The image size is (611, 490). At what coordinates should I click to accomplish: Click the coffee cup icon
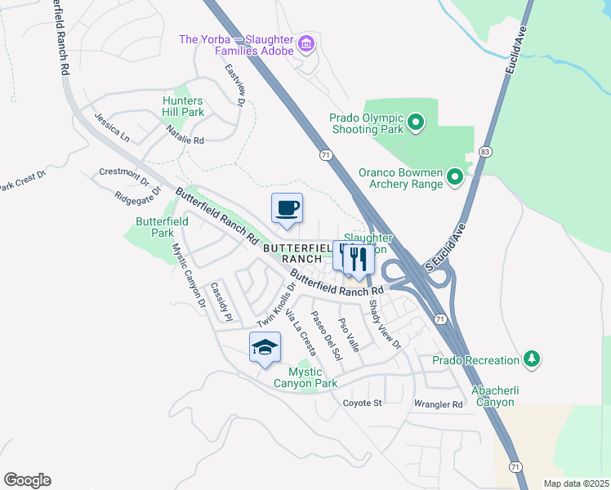pos(287,208)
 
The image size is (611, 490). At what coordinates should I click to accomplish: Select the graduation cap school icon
pos(265,349)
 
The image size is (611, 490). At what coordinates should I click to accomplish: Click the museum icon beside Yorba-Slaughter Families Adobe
pos(306,42)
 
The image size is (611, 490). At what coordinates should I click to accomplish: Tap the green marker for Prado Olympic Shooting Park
pos(416,123)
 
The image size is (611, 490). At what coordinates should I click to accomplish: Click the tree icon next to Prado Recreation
pos(532,359)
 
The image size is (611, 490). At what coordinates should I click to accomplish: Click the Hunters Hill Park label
pos(182,106)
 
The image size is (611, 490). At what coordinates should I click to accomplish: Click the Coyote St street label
pos(362,403)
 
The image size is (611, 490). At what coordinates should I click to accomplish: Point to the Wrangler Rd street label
pos(439,404)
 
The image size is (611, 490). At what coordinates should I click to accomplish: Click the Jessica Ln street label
pos(112,129)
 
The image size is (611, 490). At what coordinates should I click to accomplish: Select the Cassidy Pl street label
pos(221,301)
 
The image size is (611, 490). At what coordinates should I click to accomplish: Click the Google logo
pos(27,479)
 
